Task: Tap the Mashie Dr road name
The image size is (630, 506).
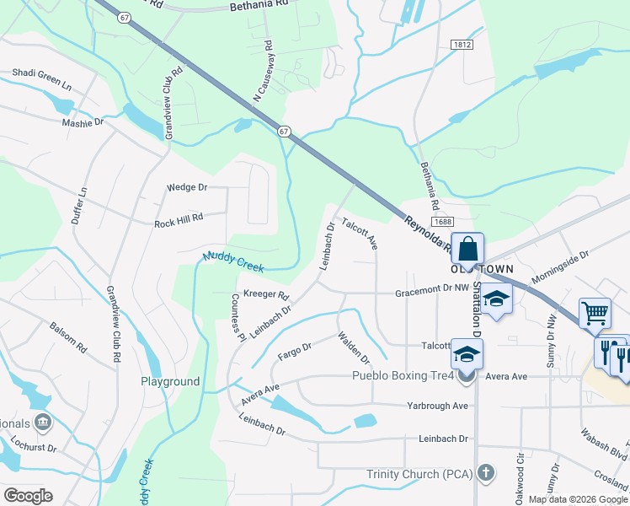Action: click(83, 122)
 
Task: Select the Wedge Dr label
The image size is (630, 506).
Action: click(187, 187)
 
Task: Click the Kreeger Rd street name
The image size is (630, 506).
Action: click(265, 295)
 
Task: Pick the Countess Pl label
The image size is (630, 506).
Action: click(238, 317)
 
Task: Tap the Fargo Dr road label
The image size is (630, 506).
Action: click(295, 351)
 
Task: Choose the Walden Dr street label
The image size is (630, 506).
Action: click(354, 348)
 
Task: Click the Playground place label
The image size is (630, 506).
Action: click(170, 382)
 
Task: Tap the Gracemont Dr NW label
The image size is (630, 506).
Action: click(432, 288)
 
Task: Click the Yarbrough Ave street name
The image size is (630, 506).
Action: click(437, 406)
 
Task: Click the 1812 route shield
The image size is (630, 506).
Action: click(462, 45)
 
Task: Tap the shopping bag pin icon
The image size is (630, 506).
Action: click(468, 249)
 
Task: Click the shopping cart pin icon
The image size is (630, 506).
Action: click(595, 313)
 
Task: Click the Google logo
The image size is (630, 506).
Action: click(29, 496)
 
